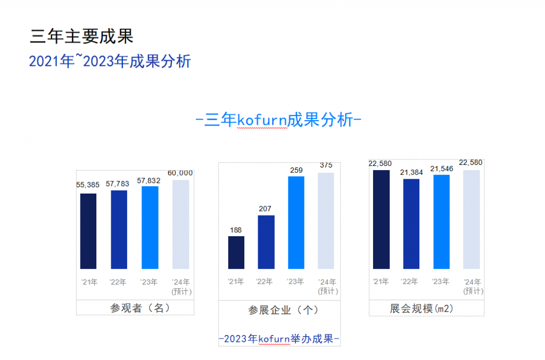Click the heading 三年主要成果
(x=82, y=36)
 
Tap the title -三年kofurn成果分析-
(x=279, y=120)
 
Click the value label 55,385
(x=88, y=185)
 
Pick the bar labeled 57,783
(x=119, y=230)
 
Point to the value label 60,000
(x=180, y=173)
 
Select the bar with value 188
(x=236, y=253)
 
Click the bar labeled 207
(x=266, y=242)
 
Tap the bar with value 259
(x=296, y=222)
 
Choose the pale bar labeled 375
(x=326, y=221)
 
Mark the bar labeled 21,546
(x=441, y=222)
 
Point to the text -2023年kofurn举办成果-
(x=279, y=339)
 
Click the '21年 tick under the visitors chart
(x=89, y=282)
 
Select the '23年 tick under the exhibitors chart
(x=295, y=282)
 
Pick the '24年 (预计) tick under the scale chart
(x=473, y=286)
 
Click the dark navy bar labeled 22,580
(x=382, y=219)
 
